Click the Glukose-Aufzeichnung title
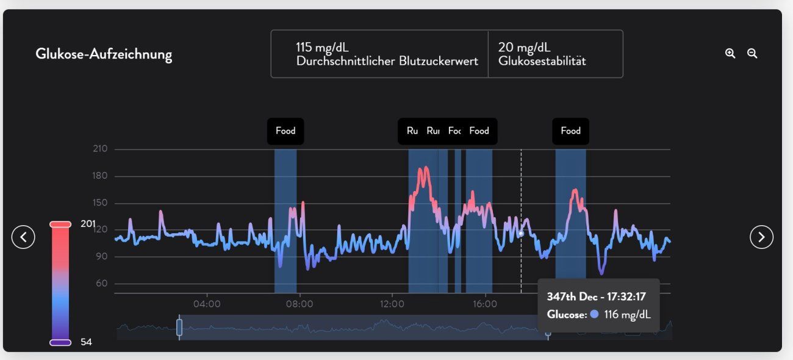click(x=104, y=54)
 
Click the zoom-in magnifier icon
click(x=730, y=54)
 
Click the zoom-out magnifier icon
click(x=752, y=54)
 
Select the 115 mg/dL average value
click(x=323, y=48)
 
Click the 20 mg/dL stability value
click(x=524, y=48)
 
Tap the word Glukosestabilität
click(x=542, y=61)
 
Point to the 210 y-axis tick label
click(x=100, y=149)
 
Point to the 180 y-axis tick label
click(x=100, y=176)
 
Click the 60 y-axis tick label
click(x=101, y=284)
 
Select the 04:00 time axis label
click(x=207, y=303)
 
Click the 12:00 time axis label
click(x=392, y=303)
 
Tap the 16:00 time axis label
click(x=484, y=303)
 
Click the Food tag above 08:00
click(x=285, y=131)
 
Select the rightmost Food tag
click(x=570, y=131)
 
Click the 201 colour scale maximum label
click(x=88, y=224)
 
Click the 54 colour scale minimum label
click(x=86, y=342)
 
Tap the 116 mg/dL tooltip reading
click(x=627, y=315)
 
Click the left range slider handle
click(x=179, y=327)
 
